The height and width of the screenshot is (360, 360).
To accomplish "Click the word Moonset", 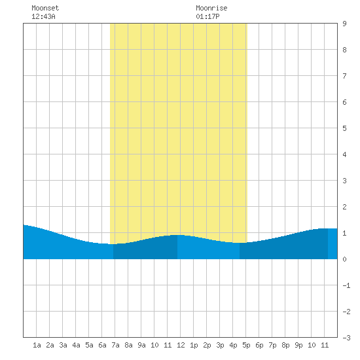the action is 45,8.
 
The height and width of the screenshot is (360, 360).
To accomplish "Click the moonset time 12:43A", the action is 43,16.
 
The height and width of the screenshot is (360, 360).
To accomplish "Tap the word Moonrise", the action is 211,8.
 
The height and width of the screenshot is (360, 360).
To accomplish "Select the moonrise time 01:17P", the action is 207,16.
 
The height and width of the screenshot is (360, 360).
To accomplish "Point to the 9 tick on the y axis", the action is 344,24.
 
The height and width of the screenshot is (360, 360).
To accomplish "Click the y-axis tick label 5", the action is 344,128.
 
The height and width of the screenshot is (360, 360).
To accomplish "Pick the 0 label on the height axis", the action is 344,259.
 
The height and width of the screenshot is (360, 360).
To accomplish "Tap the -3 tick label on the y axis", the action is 346,338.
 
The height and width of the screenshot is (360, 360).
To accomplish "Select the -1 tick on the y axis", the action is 346,285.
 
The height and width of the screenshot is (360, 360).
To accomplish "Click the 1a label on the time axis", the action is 37,345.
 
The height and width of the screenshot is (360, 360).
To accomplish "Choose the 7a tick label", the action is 115,345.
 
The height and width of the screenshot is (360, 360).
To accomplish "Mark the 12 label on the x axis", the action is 181,345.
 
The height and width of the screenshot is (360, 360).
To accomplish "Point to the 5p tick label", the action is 246,345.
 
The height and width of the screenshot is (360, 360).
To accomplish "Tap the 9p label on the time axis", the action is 298,345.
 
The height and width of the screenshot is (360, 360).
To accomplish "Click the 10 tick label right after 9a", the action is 154,345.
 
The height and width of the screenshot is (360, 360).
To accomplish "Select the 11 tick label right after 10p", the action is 325,345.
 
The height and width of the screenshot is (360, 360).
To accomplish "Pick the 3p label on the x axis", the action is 220,345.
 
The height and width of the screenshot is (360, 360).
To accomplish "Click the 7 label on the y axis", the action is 344,76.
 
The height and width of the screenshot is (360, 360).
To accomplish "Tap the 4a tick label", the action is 76,345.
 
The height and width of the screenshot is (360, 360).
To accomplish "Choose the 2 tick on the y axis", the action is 344,207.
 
